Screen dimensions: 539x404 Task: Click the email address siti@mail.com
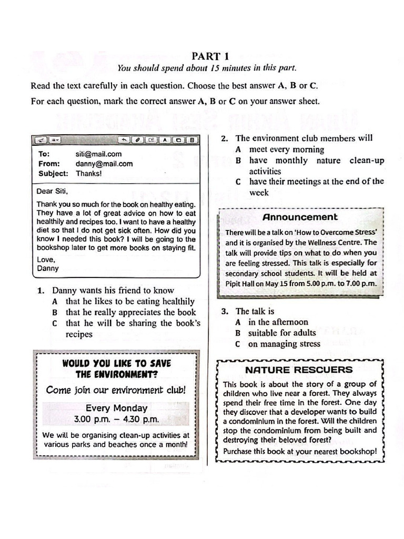tap(98, 154)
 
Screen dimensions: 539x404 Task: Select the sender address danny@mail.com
tap(104, 164)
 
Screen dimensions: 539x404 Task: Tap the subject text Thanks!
tap(89, 173)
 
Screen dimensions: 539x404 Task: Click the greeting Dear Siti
tap(53, 191)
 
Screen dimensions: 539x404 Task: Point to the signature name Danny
tap(48, 268)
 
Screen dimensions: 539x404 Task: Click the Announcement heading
tap(300, 217)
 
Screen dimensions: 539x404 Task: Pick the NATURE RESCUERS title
tap(299, 370)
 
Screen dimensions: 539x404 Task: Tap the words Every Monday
tap(116, 408)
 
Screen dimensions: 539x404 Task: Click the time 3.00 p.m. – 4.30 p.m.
tap(116, 420)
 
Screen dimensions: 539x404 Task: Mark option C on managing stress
tap(284, 344)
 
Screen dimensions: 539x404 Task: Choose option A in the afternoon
tap(278, 322)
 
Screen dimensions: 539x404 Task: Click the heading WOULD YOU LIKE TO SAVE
tap(116, 363)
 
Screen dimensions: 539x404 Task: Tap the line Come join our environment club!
tap(116, 390)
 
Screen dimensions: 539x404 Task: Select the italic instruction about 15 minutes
tap(207, 68)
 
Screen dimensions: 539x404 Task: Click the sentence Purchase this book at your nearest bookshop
tap(300, 451)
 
